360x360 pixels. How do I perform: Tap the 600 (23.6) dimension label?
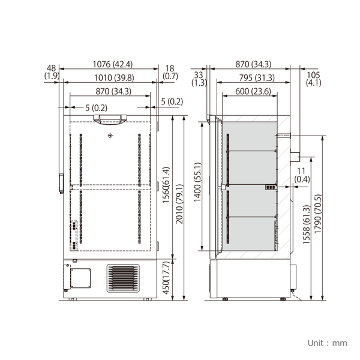[253, 91]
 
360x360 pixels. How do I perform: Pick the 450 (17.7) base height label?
[172, 280]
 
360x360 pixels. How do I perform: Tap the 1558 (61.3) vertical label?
[307, 228]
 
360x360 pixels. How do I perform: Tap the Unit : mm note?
[328, 343]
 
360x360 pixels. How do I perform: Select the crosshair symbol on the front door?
[110, 136]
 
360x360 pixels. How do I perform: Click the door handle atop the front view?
[110, 121]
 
